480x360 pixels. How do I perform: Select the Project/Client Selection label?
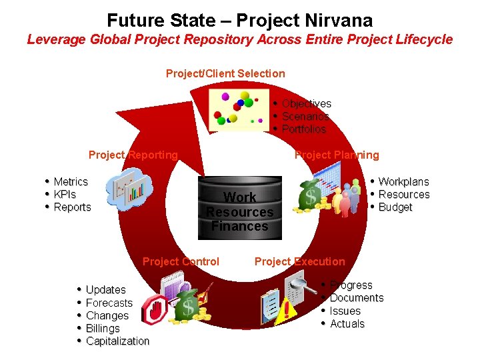coord(225,73)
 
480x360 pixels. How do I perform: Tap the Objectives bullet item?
coord(306,103)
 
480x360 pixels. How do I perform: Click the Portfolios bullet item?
coord(303,129)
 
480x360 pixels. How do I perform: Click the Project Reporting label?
coord(133,155)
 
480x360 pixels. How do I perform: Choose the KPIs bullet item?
coord(65,195)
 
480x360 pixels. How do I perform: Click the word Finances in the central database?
coord(240,227)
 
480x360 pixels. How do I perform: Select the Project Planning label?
coord(337,155)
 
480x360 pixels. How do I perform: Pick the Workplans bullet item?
coord(403,182)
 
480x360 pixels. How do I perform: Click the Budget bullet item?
coord(395,207)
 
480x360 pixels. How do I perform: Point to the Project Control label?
coord(181,261)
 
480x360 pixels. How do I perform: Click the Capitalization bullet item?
coord(117,341)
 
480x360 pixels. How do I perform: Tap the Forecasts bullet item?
coord(109,303)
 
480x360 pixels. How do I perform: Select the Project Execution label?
coord(300,261)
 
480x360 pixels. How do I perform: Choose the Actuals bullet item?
coord(347,324)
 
